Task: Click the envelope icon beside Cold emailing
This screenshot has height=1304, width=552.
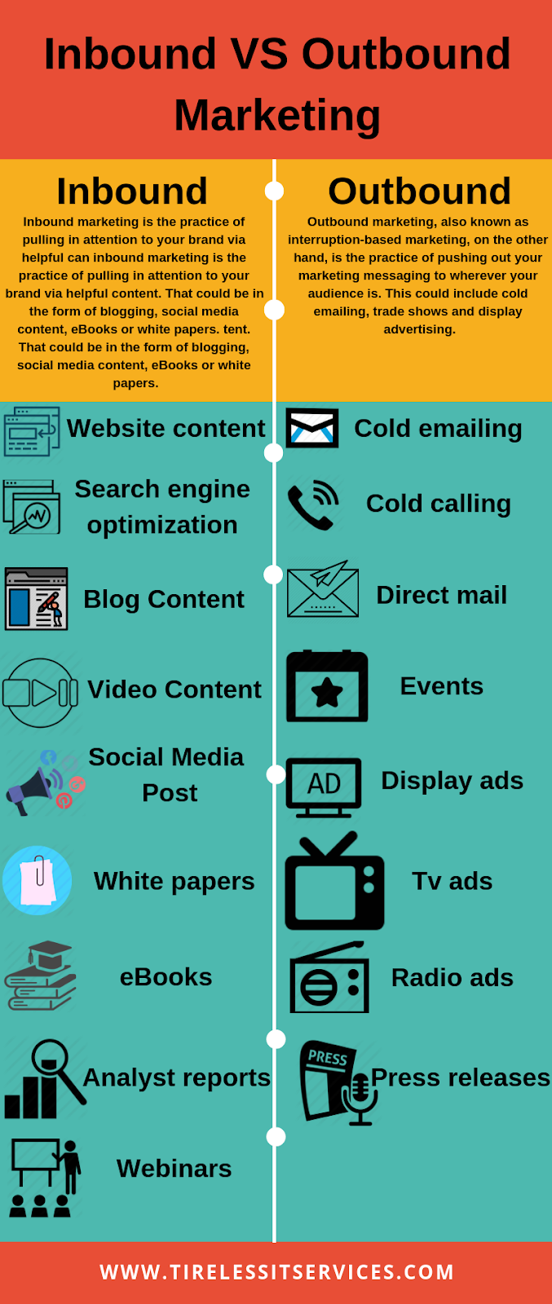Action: (x=312, y=428)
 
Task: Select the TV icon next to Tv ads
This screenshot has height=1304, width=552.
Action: (x=334, y=882)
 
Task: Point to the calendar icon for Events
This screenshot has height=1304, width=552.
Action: (x=327, y=686)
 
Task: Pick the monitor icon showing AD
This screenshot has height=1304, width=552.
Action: (x=324, y=786)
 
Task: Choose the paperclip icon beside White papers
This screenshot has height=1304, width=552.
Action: (x=38, y=881)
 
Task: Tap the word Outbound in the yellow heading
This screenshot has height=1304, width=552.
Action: (x=419, y=192)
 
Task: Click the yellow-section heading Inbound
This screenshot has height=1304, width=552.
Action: (x=132, y=192)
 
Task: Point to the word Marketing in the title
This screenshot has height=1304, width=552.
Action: (x=277, y=115)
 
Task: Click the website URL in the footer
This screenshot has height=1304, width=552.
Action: (x=276, y=1272)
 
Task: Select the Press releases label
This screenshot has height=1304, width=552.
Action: (x=461, y=1077)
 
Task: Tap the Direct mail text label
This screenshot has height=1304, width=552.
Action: (x=441, y=595)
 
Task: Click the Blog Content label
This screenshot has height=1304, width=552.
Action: (x=164, y=599)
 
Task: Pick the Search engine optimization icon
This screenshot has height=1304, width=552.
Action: (x=32, y=507)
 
